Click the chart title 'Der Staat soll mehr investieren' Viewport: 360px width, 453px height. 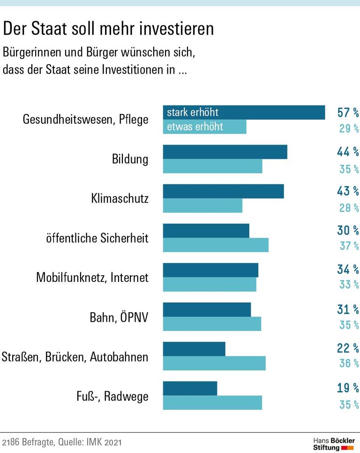(108, 29)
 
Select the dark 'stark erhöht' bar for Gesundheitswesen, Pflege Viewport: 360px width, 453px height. (244, 113)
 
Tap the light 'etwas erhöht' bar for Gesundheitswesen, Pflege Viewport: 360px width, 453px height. (204, 127)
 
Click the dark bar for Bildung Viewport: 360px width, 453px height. (225, 152)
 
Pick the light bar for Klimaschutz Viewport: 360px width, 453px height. (202, 205)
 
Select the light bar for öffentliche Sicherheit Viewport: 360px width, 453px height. (216, 245)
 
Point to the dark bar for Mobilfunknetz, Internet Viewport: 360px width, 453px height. (210, 270)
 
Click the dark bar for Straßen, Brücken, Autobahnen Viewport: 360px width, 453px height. (194, 349)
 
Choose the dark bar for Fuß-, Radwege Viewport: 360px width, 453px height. (190, 388)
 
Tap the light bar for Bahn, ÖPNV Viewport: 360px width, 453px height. (212, 324)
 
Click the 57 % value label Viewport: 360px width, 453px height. (348, 113)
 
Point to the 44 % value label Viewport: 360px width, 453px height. (348, 152)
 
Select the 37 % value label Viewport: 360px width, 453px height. (349, 245)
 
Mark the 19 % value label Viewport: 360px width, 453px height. (348, 388)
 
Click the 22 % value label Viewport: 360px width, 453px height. (348, 348)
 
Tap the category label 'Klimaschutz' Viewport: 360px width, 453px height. (120, 198)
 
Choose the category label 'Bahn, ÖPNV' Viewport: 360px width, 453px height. (119, 317)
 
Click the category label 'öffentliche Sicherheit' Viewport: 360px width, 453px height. (97, 238)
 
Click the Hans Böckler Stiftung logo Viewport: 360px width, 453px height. (334, 444)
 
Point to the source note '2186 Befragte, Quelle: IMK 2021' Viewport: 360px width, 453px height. (64, 442)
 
